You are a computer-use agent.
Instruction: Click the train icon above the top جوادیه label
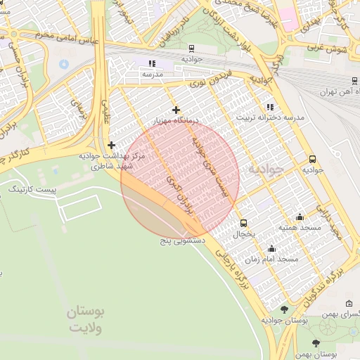point(191,48)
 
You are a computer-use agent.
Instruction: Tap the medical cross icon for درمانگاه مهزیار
point(176,110)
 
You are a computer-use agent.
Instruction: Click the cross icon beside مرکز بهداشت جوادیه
point(111,144)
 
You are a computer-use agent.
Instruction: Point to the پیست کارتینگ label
point(30,189)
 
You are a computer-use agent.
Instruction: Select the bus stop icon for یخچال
point(243,222)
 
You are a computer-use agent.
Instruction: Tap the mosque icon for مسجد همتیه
point(300,217)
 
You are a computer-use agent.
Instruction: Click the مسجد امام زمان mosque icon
point(271,248)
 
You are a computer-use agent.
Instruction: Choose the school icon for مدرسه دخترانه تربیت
point(269,107)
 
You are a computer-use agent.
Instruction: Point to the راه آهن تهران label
point(336,92)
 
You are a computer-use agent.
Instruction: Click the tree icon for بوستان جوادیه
point(284,309)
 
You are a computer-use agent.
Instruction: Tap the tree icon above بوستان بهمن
point(315,342)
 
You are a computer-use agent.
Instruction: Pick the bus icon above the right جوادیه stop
point(312,159)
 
